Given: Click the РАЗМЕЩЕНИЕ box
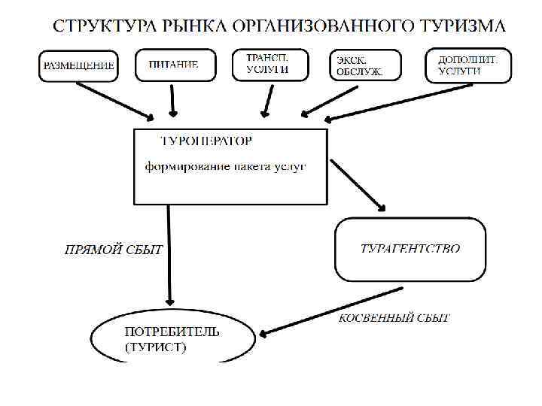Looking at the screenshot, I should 78,65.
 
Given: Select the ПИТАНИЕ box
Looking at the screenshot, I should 175,65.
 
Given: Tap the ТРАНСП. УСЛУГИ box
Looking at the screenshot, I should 267,64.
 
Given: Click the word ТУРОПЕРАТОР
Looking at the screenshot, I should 206,141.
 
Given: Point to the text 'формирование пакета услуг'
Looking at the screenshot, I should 225,166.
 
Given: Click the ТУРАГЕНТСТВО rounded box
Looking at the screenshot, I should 410,249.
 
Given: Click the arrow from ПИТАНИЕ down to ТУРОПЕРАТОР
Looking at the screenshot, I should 174,98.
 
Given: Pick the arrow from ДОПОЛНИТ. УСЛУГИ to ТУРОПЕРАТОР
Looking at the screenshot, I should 399,102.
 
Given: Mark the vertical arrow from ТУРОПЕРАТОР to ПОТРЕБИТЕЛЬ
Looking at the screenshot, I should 169,256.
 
